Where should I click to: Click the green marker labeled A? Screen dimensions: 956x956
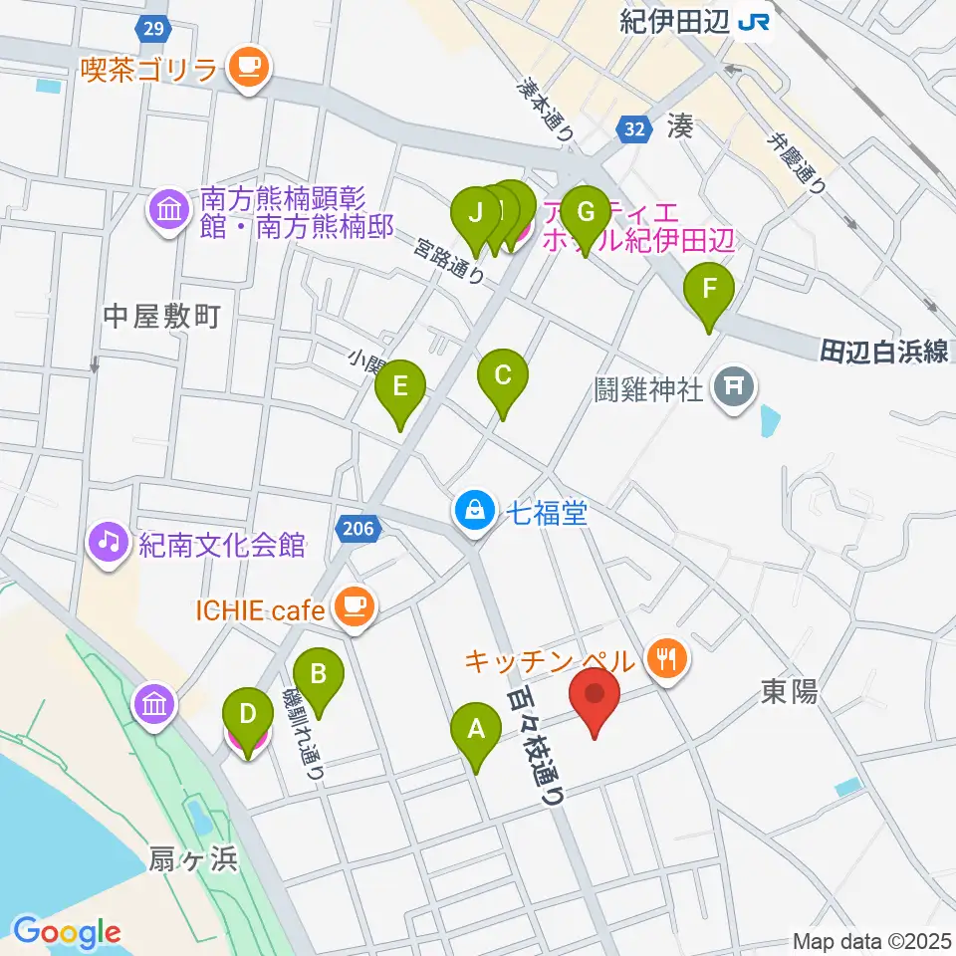[x=477, y=731]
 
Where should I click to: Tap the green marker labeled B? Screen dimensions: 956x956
[x=319, y=675]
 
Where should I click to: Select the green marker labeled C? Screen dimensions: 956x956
[x=503, y=376]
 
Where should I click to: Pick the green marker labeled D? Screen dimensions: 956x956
[x=247, y=715]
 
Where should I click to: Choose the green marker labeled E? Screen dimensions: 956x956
[x=400, y=386]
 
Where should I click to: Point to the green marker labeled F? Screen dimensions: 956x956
[x=709, y=290]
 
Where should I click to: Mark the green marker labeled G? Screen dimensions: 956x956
[x=585, y=213]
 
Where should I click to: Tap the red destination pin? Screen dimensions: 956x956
[x=595, y=694]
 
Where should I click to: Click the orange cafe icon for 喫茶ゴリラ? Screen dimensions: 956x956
[x=245, y=68]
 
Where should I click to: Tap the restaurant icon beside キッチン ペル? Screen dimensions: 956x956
[x=663, y=656]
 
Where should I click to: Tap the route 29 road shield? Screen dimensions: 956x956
[x=152, y=29]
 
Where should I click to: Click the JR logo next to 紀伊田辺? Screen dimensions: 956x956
[x=754, y=21]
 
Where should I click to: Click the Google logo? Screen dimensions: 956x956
[x=68, y=932]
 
